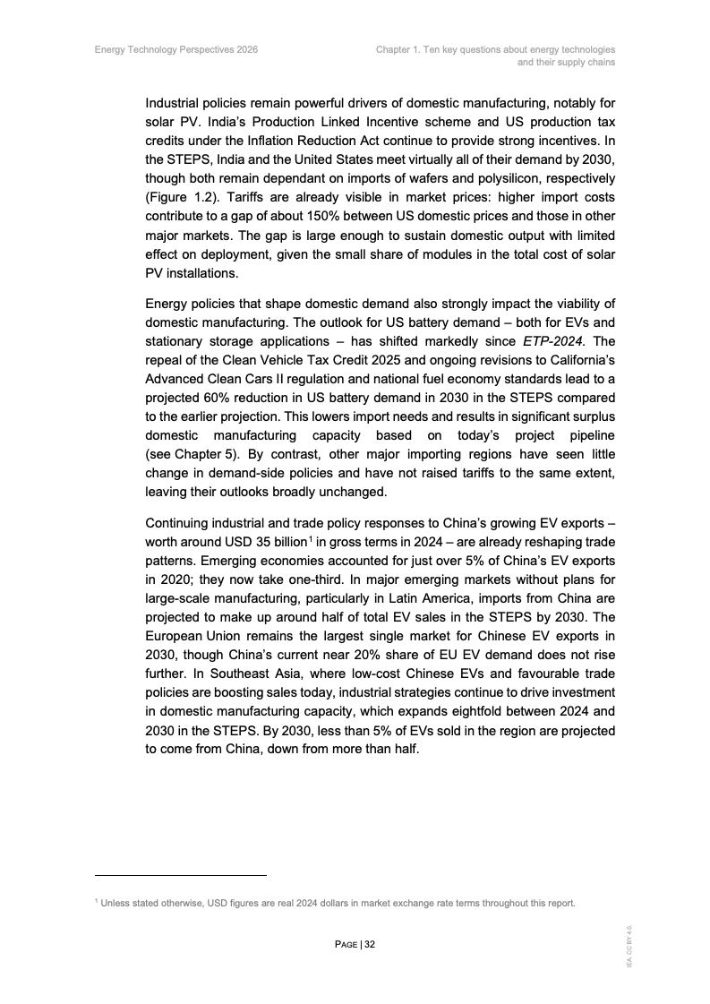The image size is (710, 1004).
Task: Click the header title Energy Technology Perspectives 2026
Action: [x=176, y=50]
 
